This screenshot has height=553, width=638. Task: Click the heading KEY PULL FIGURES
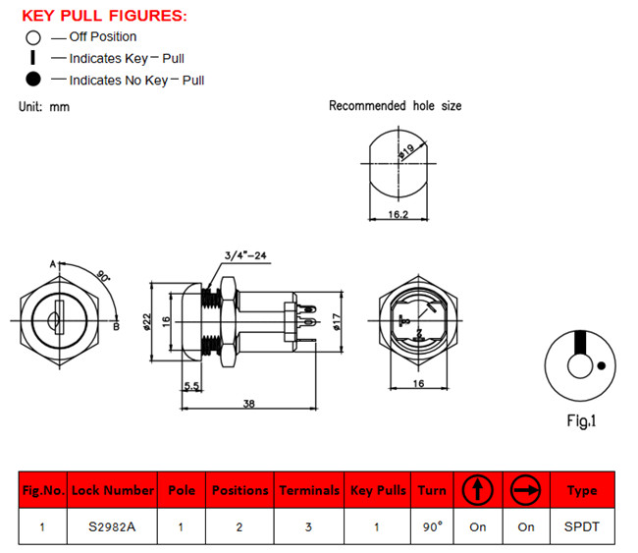pos(104,16)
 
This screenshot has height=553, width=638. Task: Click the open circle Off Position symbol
pos(33,37)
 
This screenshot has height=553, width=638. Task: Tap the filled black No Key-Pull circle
pos(33,80)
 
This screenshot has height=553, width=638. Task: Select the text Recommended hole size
pos(395,106)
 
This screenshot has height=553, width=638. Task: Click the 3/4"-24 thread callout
pos(245,256)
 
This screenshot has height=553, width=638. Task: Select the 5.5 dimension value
pos(194,388)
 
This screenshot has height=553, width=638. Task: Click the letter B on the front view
pos(116,327)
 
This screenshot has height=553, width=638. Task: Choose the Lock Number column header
pos(112,489)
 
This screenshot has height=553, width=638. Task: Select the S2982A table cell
pos(112,526)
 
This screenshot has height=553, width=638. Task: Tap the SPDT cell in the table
pos(582,526)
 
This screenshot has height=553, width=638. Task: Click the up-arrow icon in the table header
pos(478,488)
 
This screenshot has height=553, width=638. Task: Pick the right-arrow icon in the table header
pos(526,488)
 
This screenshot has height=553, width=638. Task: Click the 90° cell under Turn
pos(432,526)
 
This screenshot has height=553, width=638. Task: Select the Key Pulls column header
pos(378,489)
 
